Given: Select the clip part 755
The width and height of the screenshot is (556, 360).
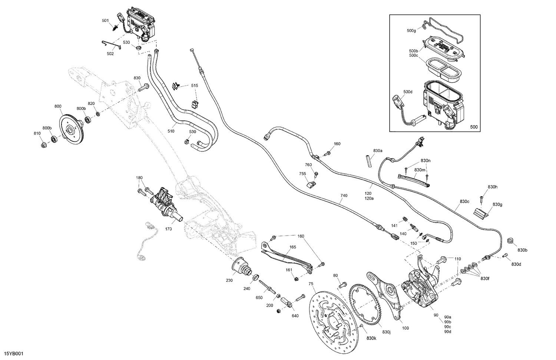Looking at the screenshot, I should (x=311, y=183).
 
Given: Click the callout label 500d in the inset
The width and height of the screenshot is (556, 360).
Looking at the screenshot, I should (x=408, y=91).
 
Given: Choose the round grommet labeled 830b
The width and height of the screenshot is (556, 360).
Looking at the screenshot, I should (x=510, y=241).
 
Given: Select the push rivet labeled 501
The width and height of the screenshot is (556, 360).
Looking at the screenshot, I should (x=116, y=27).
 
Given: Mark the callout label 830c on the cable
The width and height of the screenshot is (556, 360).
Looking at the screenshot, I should (x=464, y=201).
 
